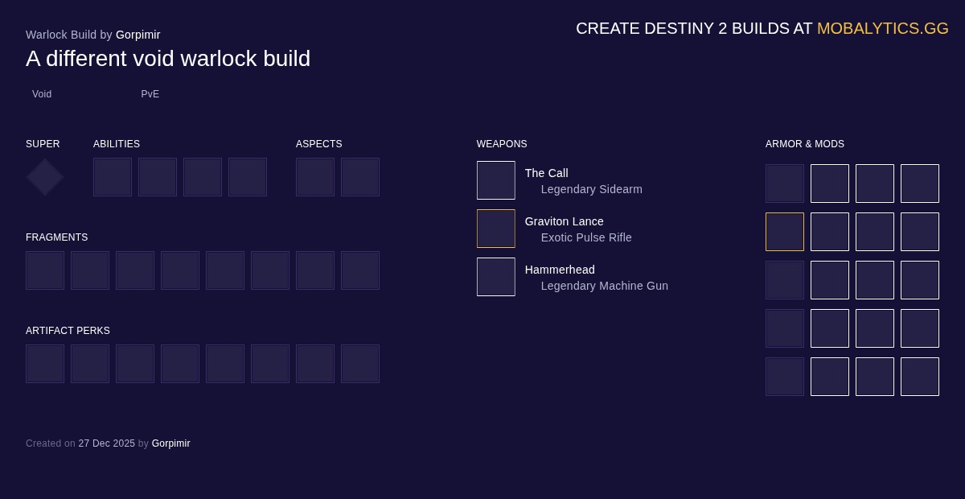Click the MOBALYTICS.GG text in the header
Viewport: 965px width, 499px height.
(x=882, y=28)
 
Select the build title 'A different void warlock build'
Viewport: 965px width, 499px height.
(x=168, y=58)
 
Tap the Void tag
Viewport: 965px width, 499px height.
(x=42, y=94)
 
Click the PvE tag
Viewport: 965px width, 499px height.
(x=150, y=94)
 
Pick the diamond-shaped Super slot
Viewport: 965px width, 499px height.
(x=45, y=177)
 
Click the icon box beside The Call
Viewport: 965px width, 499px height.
(x=496, y=180)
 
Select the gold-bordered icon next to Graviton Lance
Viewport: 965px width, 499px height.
(x=496, y=229)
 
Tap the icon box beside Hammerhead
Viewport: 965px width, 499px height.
(x=496, y=277)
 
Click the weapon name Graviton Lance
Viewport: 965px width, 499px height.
(x=564, y=221)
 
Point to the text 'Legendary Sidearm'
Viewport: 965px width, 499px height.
(x=592, y=189)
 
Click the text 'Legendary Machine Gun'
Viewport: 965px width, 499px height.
(x=605, y=286)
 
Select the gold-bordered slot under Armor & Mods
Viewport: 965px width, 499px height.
(x=785, y=232)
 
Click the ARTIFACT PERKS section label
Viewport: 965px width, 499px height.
(x=68, y=331)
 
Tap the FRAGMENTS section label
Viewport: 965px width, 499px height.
(x=57, y=237)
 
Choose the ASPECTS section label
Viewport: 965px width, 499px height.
(x=318, y=144)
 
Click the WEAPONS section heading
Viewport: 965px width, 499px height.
(x=502, y=144)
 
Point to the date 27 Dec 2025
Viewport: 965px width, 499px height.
(x=106, y=443)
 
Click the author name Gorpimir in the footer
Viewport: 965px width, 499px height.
(x=170, y=443)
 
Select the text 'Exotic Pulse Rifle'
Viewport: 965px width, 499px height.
(x=586, y=237)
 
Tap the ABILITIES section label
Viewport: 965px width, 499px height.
(x=117, y=144)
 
